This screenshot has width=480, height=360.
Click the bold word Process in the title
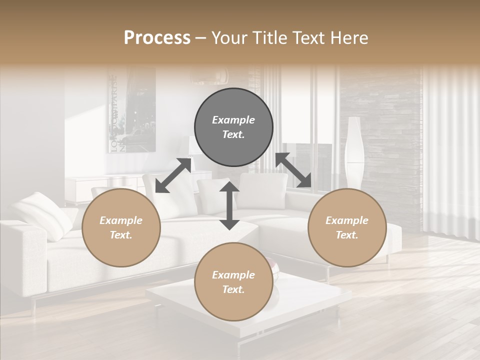(157, 38)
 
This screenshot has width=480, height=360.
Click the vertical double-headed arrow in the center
(229, 205)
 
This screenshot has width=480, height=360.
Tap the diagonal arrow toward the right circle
(293, 170)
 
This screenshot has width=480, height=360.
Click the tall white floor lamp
(354, 152)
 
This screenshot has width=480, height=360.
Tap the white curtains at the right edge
(450, 150)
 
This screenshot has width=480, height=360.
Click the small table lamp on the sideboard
(194, 147)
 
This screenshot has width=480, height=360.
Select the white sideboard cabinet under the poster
(100, 187)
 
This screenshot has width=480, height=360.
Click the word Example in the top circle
(233, 120)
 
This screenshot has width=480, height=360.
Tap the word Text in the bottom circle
(232, 289)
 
